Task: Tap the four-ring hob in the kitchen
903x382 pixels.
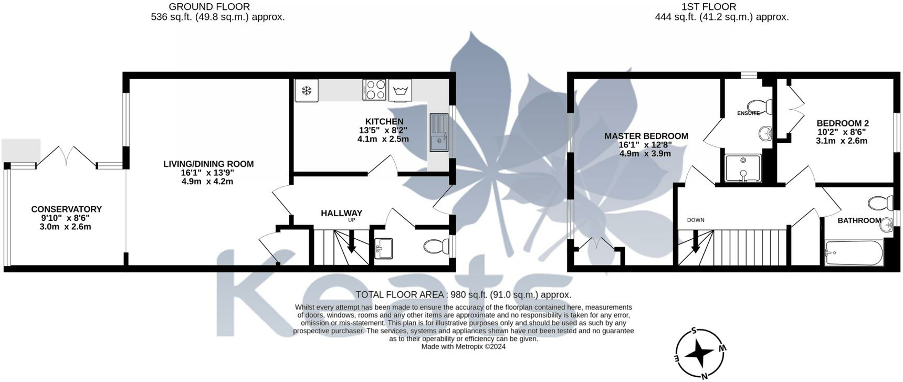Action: coord(374,90)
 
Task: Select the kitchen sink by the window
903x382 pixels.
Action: coord(439,132)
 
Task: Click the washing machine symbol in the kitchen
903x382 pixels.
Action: coord(400,90)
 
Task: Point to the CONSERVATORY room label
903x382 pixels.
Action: coord(67,209)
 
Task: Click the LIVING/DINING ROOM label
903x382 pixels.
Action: coord(208,164)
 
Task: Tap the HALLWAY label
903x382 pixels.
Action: coord(342,213)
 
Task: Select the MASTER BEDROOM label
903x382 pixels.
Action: coord(646,136)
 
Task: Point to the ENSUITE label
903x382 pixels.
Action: coord(748,113)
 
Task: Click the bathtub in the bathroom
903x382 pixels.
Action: coord(854,253)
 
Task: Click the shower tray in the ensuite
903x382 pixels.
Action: coord(743,168)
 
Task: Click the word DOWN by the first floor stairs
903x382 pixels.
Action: coord(696,220)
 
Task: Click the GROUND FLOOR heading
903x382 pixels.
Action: coord(209,7)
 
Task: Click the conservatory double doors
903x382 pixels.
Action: coord(66,156)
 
